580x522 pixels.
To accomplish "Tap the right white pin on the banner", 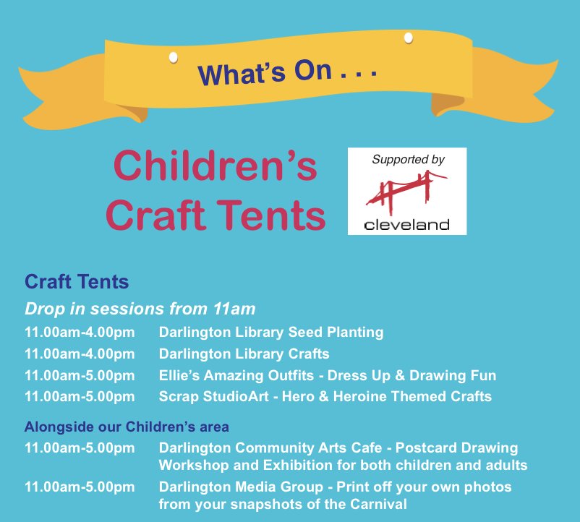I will pos(409,36).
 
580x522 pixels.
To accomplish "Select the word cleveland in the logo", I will pos(407,224).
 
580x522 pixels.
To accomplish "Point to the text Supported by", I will pos(408,159).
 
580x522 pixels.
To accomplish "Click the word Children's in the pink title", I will pos(215,166).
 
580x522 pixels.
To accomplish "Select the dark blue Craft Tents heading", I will pos(77,281).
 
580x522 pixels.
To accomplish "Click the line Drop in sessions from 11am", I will pos(140,309).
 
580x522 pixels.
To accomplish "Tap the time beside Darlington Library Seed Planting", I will pos(80,333).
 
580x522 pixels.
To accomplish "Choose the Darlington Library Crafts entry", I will pos(244,354).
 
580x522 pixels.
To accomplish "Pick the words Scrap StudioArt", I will pos(215,396).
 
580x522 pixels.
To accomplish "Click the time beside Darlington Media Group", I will pos(80,487).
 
